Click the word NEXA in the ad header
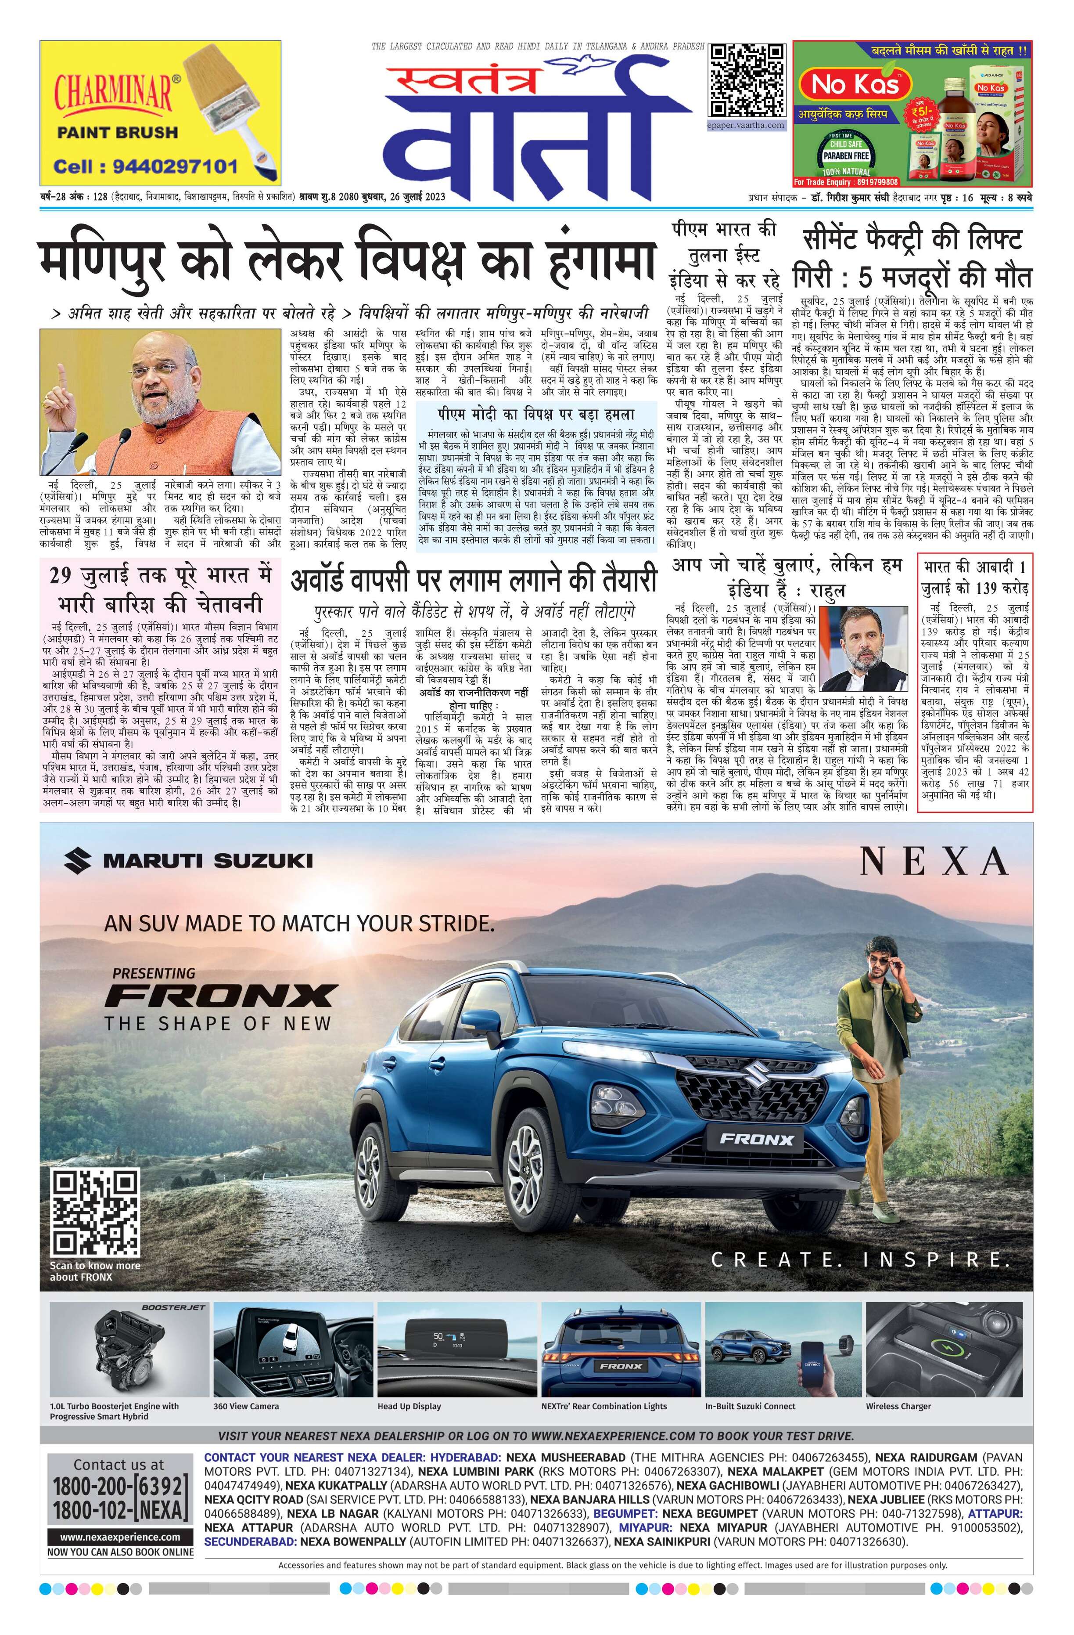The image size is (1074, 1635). point(934,862)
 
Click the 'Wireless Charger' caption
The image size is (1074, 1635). point(898,1406)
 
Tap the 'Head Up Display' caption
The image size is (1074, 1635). point(409,1406)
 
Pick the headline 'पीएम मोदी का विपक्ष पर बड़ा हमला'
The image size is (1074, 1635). point(535,414)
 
